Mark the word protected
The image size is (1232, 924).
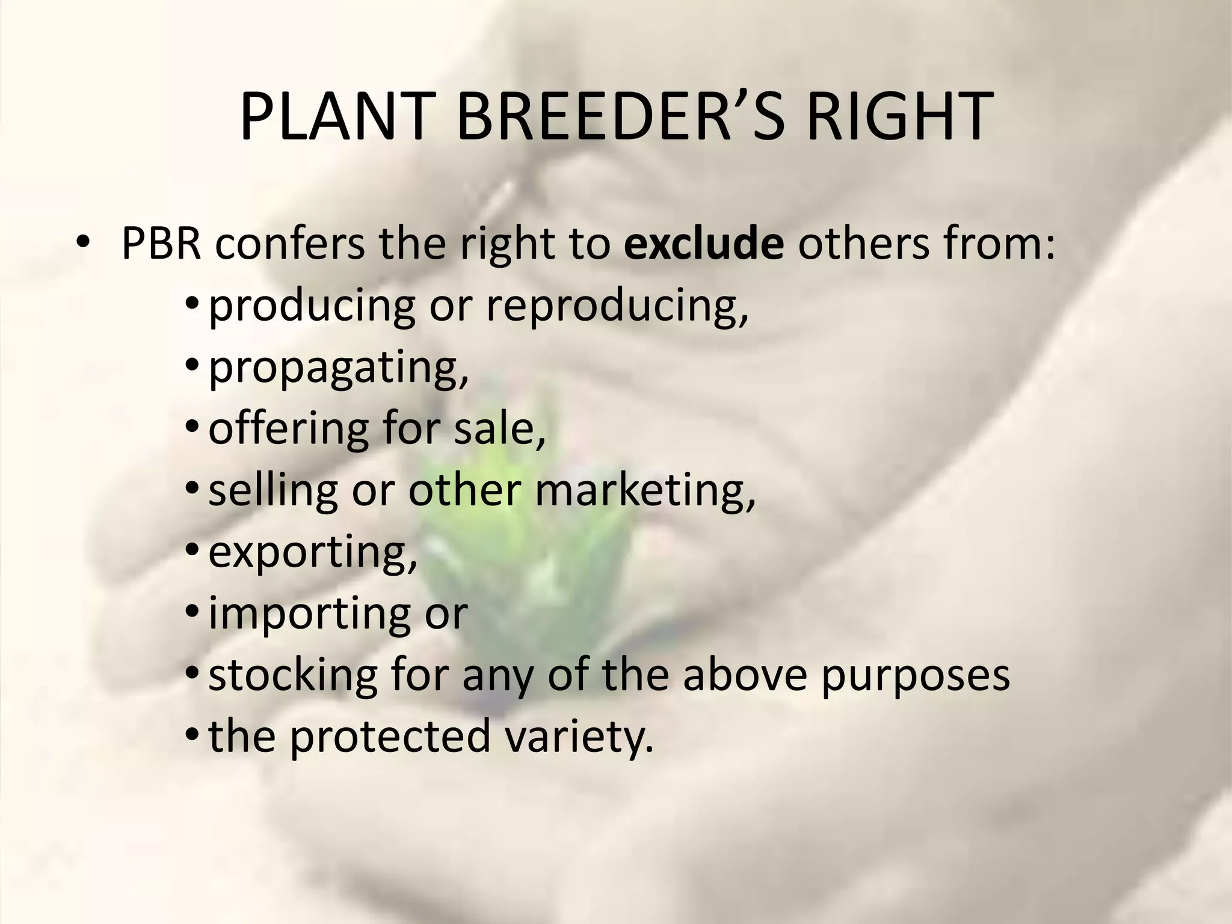coord(390,737)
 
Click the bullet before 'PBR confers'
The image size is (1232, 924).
coord(82,245)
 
